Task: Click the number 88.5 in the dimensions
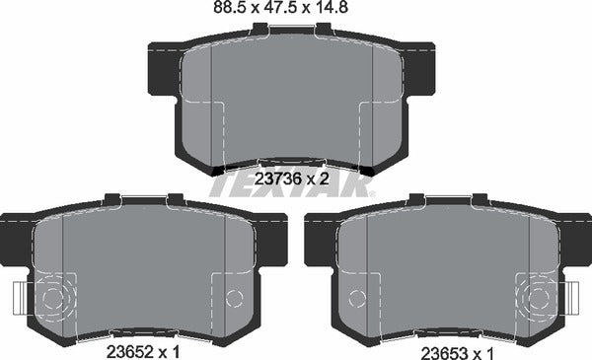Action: pos(229,12)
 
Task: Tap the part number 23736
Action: pos(276,179)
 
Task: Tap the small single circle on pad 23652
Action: pos(234,297)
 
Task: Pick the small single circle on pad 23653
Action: pos(358,297)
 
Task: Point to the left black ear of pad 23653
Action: pos(318,239)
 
